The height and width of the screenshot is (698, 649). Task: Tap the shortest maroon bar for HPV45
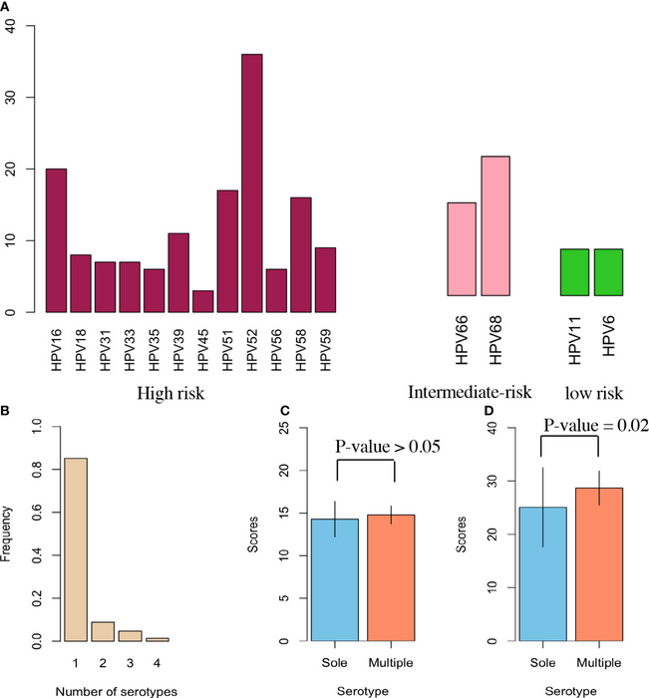click(x=202, y=302)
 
